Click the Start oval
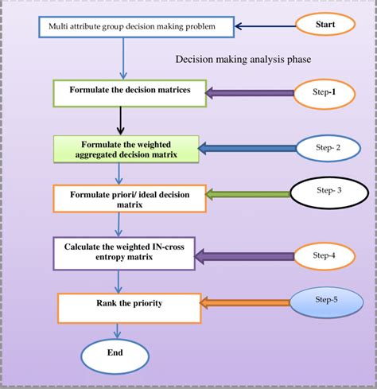[325, 25]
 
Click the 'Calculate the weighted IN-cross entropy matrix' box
[127, 252]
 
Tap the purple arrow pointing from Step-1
[248, 92]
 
